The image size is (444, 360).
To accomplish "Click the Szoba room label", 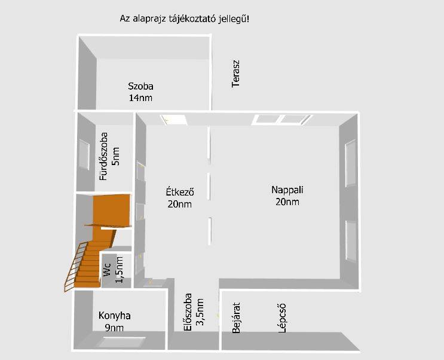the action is tap(140, 86).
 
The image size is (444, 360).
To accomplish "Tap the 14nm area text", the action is tap(140, 98).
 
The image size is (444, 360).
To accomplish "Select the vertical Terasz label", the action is tap(235, 74).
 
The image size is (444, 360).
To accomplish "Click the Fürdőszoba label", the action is tap(103, 156).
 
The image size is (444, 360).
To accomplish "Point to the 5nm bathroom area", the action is tap(115, 157).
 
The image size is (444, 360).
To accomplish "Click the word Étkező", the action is tap(180, 192).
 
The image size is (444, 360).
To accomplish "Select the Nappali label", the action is tap(287, 190).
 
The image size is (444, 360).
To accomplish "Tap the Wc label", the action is tap(108, 269).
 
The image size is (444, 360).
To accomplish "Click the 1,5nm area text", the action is tap(119, 270).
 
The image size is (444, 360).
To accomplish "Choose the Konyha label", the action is tap(114, 316).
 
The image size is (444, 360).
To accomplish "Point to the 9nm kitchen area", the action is tap(114, 328).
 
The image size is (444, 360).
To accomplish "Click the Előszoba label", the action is tap(188, 312).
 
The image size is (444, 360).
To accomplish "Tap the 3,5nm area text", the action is tap(200, 312).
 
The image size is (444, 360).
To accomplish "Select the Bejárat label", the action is tap(236, 318).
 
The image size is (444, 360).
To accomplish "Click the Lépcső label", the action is tap(282, 318).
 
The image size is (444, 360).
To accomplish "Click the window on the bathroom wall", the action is tap(84, 155).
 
